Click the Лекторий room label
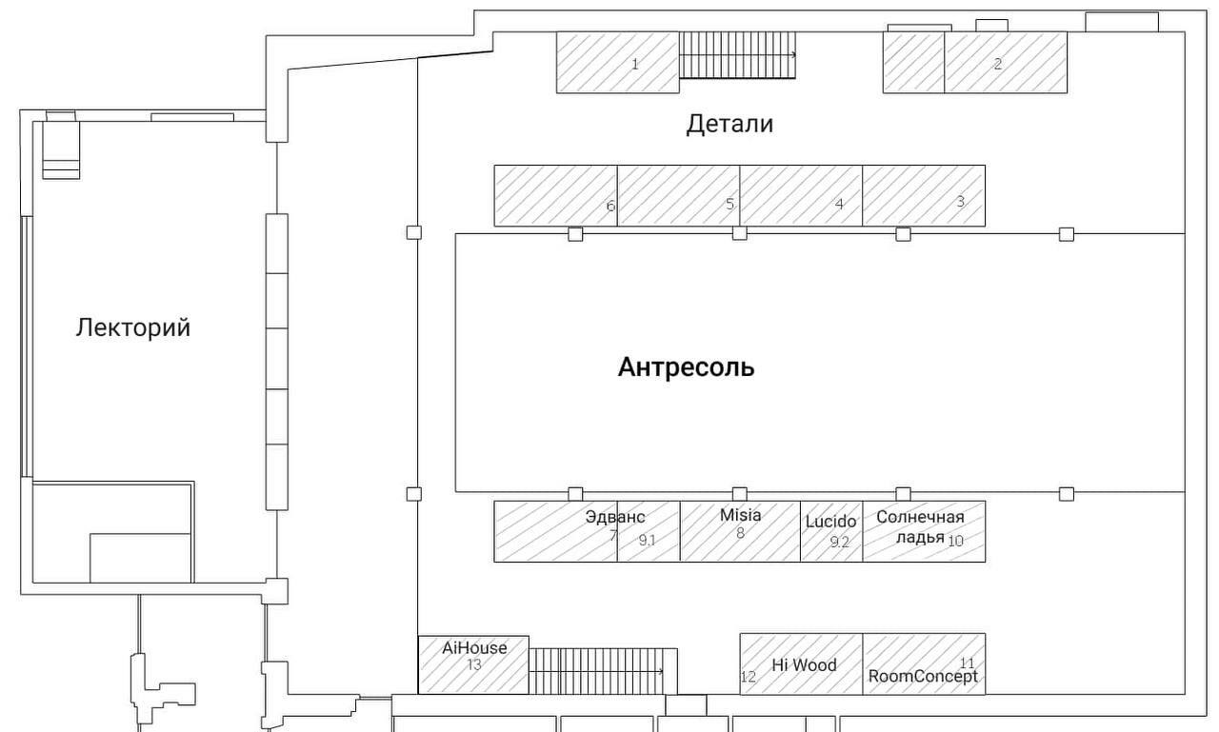[x=133, y=328]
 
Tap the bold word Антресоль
[x=687, y=367]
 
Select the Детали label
[x=729, y=124]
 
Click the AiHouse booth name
[x=474, y=647]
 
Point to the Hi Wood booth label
[x=805, y=664]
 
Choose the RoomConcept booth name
[x=923, y=677]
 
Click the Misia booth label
[x=741, y=515]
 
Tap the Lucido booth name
[x=830, y=522]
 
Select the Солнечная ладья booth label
[x=920, y=527]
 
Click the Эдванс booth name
[x=615, y=517]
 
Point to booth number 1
[x=634, y=65]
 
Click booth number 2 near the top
[x=997, y=64]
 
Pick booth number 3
[x=961, y=202]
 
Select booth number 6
[x=610, y=207]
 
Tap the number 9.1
[x=647, y=540]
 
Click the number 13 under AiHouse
[x=474, y=664]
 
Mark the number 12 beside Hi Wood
[x=749, y=677]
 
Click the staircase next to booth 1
[x=737, y=55]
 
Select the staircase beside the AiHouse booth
[x=603, y=671]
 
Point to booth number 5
[x=729, y=205]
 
